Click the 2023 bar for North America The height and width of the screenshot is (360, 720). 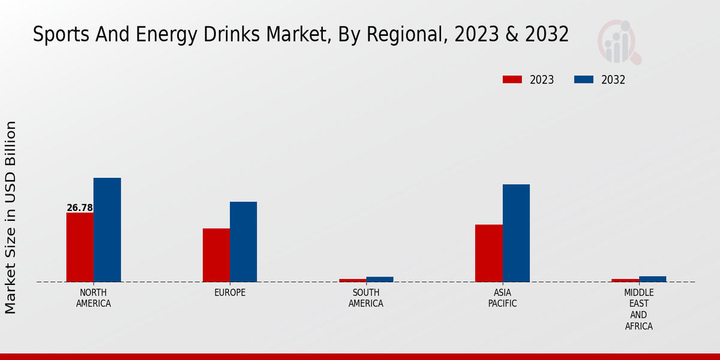coord(80,247)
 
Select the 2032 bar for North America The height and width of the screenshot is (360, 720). coord(107,230)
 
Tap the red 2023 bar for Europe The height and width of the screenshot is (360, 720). coord(216,255)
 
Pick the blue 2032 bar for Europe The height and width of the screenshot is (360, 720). coord(243,242)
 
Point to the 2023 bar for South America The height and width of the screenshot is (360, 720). coord(352,280)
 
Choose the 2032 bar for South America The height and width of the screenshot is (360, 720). coord(380,279)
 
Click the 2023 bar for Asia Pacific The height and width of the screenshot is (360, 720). coord(488,253)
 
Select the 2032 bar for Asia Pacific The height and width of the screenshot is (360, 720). coord(516,233)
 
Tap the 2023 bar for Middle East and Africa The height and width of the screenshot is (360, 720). coord(625,280)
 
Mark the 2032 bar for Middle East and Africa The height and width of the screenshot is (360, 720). coord(652,279)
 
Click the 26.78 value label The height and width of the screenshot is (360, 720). coord(80,208)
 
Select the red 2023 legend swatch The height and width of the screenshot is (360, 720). coord(512,80)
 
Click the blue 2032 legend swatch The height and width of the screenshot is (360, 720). coord(584,80)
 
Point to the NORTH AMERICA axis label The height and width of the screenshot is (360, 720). coord(94,298)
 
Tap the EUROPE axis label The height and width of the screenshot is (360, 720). coord(230,293)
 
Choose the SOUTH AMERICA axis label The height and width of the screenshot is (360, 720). coord(366,298)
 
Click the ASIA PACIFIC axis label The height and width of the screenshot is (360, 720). coord(502,298)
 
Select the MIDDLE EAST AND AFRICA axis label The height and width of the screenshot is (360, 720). coord(638,310)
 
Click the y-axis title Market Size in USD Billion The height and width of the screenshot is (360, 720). coord(11,217)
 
